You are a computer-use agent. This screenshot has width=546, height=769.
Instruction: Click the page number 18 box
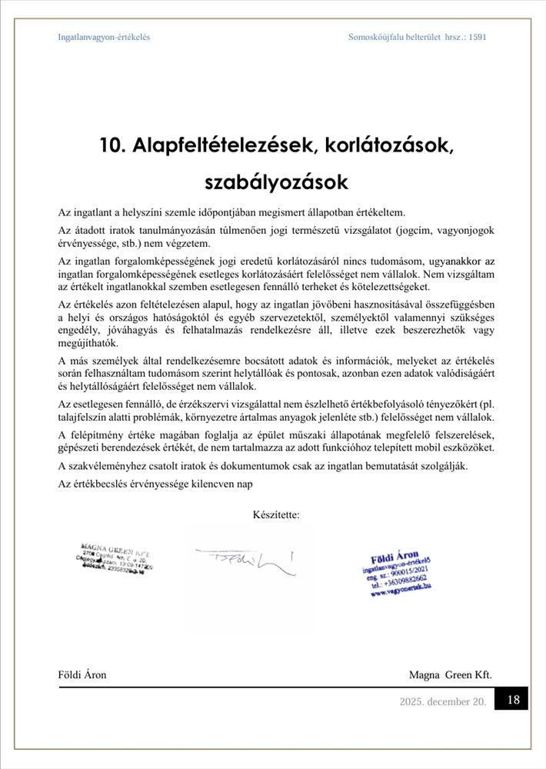514,700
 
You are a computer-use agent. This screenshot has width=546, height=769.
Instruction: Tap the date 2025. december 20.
442,701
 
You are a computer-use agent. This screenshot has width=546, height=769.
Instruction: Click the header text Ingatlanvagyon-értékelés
104,37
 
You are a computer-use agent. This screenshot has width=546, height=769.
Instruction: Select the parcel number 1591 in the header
477,37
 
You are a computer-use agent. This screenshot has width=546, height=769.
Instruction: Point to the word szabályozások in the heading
276,183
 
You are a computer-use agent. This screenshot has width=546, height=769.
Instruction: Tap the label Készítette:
275,514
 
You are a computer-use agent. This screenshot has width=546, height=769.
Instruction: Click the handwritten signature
245,561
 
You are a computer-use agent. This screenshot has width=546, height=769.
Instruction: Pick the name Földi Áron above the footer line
82,674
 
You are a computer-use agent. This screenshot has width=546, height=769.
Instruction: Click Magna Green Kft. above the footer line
450,674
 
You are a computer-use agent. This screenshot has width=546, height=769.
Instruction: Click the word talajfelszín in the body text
83,417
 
